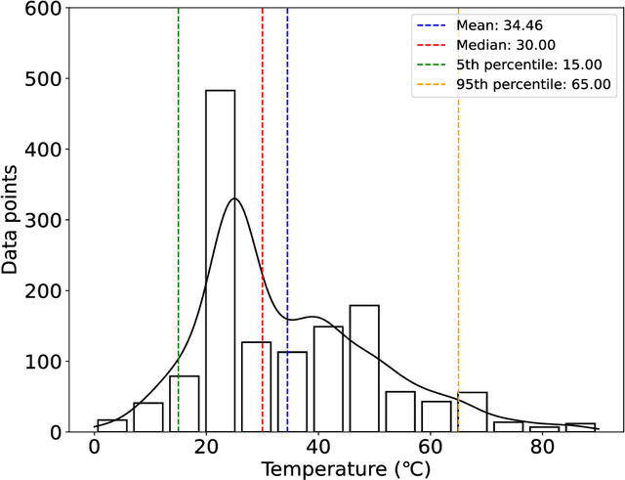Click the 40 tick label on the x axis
[317, 449]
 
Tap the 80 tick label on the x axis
[541, 449]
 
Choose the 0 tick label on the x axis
[95, 449]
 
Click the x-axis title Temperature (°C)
[346, 469]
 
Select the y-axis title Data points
[12, 221]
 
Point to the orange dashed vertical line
[458, 244]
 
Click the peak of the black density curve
[233, 198]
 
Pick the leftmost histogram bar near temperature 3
[111, 426]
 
